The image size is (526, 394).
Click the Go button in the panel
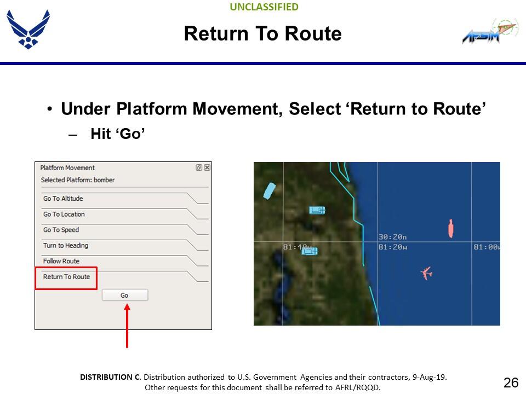pyautogui.click(x=125, y=295)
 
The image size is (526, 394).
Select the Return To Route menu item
pyautogui.click(x=66, y=277)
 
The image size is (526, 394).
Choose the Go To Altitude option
pyautogui.click(x=63, y=198)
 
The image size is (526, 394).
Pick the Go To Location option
pyautogui.click(x=64, y=214)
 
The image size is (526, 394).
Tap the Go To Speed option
pyautogui.click(x=61, y=230)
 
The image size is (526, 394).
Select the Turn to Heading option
pyautogui.click(x=66, y=246)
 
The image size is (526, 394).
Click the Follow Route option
pyautogui.click(x=61, y=261)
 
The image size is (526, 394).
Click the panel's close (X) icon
pyautogui.click(x=207, y=167)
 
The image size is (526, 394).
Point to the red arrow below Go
pyautogui.click(x=127, y=326)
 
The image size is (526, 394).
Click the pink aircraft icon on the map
pyautogui.click(x=426, y=273)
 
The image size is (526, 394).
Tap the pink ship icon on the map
pyautogui.click(x=451, y=229)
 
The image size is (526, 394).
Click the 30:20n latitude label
pyautogui.click(x=392, y=237)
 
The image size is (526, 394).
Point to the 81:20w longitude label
pyautogui.click(x=392, y=247)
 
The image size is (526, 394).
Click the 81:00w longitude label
pyautogui.click(x=487, y=247)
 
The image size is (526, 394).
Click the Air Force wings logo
pyautogui.click(x=28, y=29)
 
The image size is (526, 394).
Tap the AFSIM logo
pyautogui.click(x=490, y=31)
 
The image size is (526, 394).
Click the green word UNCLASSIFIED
pyautogui.click(x=264, y=7)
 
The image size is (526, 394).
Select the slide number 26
pyautogui.click(x=511, y=383)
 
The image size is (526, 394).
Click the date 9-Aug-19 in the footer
pyautogui.click(x=429, y=377)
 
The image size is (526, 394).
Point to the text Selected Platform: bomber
pyautogui.click(x=78, y=180)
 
